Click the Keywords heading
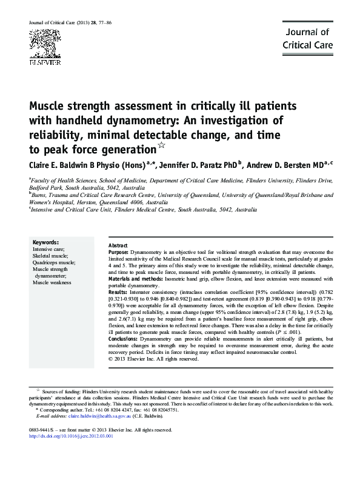click(45, 242)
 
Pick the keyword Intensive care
click(49, 248)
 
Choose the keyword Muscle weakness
click(53, 282)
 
